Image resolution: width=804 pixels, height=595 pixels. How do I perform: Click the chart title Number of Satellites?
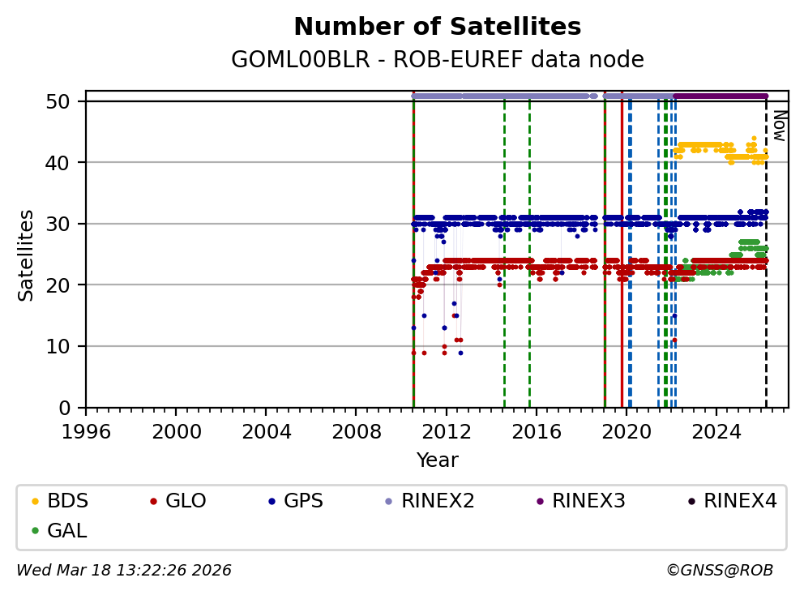(x=437, y=27)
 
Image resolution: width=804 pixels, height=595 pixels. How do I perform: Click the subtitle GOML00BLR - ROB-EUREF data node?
(x=437, y=60)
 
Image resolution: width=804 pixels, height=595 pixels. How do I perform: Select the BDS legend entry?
(x=67, y=501)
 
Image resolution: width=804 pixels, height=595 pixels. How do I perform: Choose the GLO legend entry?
(x=185, y=501)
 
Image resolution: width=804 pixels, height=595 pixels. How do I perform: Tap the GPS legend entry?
(x=303, y=501)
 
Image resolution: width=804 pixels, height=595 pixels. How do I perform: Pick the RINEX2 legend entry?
(x=443, y=501)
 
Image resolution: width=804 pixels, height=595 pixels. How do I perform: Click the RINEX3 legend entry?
(x=588, y=501)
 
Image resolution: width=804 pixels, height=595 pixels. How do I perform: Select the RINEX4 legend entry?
(x=740, y=501)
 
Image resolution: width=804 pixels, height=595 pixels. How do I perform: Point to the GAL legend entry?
(x=66, y=531)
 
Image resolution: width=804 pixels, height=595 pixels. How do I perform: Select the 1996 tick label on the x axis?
(x=87, y=430)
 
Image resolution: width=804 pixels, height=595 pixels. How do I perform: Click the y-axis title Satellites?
(x=27, y=255)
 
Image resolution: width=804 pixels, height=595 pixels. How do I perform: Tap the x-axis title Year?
(x=437, y=460)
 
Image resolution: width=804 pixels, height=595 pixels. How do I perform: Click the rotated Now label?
(x=779, y=126)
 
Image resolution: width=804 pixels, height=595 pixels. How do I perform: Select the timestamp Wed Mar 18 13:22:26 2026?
(x=124, y=571)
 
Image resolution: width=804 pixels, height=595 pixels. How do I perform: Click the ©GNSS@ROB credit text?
(x=720, y=571)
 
